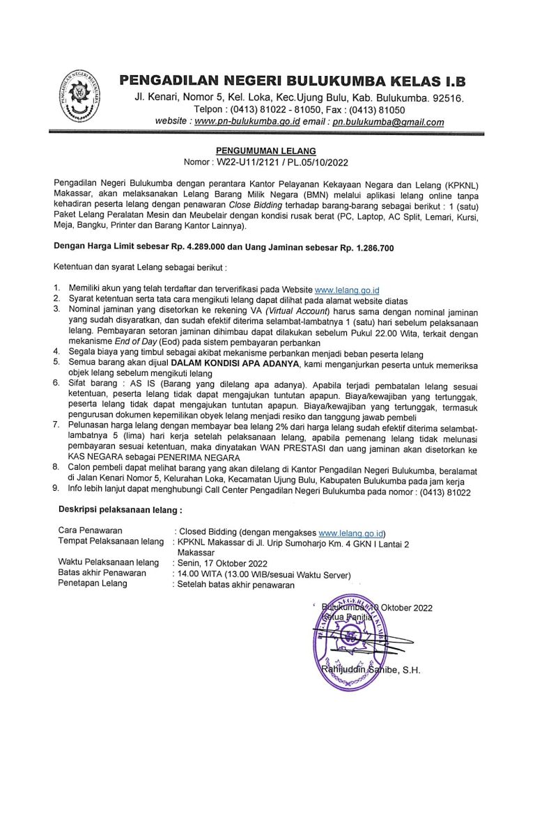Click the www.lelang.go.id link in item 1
coord(346,288)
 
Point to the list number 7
coord(56,425)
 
